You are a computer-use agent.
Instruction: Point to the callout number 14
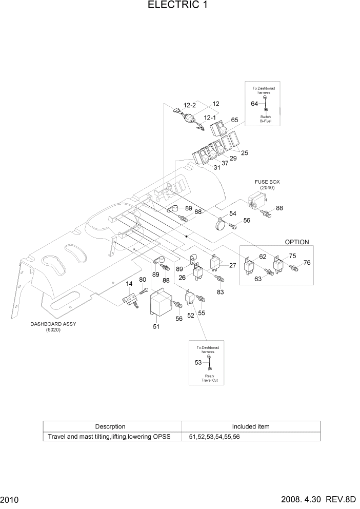(x=130, y=283)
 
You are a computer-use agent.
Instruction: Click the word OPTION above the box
(x=297, y=242)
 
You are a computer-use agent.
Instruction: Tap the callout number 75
(x=292, y=256)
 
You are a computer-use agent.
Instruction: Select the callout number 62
(x=263, y=256)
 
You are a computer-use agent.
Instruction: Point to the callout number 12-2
(x=190, y=105)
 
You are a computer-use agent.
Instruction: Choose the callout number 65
(x=235, y=120)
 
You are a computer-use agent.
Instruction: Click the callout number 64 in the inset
(x=254, y=104)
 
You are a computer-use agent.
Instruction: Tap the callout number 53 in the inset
(x=198, y=363)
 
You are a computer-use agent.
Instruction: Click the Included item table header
(x=251, y=426)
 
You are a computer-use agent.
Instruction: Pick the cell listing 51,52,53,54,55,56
(x=214, y=437)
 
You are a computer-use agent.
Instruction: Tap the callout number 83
(x=220, y=292)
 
